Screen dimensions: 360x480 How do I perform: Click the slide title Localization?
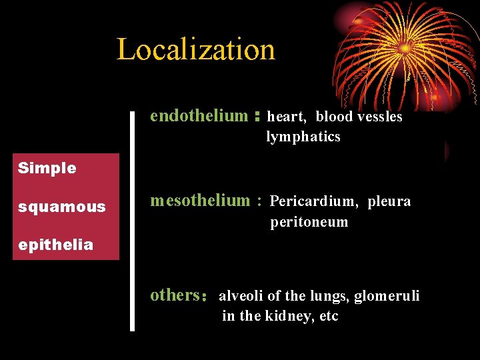(195, 49)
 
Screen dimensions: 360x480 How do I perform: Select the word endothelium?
(199, 116)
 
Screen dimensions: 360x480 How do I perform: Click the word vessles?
(380, 117)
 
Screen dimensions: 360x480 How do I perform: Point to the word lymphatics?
(303, 137)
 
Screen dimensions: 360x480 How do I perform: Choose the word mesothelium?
(199, 200)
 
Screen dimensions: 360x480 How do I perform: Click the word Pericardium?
(314, 201)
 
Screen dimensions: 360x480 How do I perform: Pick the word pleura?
(389, 201)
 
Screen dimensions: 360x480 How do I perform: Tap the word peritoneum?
(309, 222)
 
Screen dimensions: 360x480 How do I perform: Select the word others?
(175, 295)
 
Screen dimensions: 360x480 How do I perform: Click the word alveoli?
(241, 295)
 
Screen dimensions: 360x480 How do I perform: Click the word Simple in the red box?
(47, 168)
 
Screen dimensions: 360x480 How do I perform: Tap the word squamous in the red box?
(61, 207)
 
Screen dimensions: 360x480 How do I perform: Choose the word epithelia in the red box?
(55, 245)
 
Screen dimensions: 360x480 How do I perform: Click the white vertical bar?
(132, 220)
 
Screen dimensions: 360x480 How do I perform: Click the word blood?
(335, 117)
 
